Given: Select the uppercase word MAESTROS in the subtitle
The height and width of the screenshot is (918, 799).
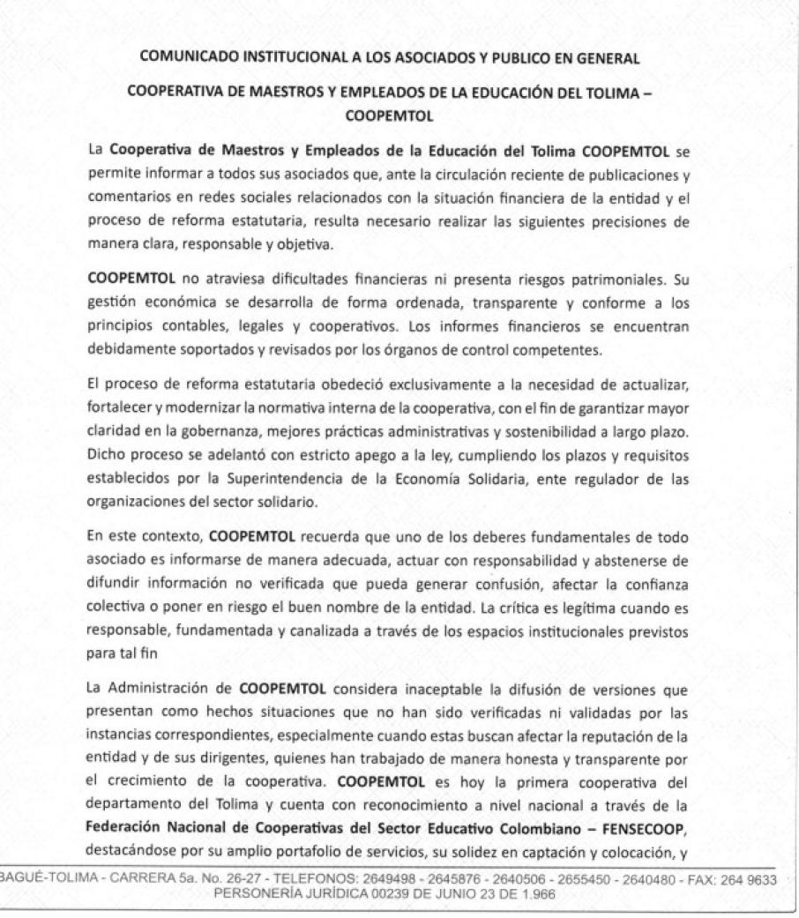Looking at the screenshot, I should [x=268, y=95].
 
